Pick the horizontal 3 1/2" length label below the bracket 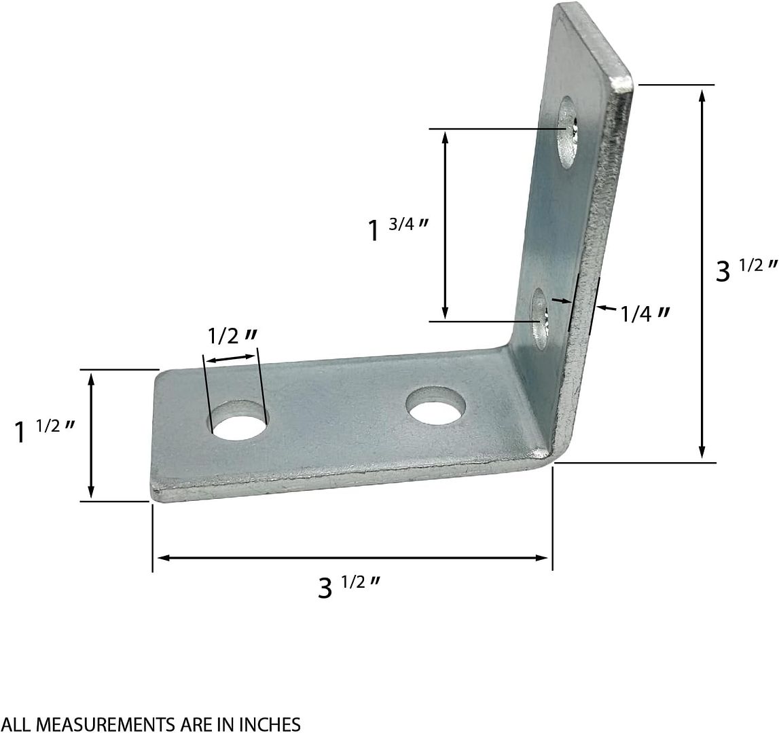(x=347, y=586)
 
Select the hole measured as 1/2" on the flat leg (x=237, y=425)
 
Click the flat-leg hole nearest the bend (x=436, y=407)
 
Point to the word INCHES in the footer (x=268, y=724)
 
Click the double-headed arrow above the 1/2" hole (x=232, y=357)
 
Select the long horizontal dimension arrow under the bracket (x=352, y=558)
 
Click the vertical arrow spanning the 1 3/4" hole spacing (x=445, y=225)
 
